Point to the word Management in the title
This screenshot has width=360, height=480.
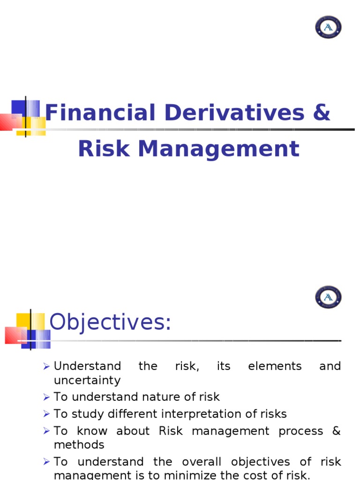click(218, 149)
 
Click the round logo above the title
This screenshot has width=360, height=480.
click(328, 27)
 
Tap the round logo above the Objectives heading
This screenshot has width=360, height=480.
click(328, 297)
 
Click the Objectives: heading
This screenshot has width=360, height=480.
click(111, 322)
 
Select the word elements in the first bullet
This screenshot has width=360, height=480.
click(275, 366)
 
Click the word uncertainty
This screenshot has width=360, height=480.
click(87, 380)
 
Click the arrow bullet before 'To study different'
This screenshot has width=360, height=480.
click(46, 414)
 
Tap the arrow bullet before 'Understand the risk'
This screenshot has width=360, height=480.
click(46, 367)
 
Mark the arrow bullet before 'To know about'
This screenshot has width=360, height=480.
click(46, 431)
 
